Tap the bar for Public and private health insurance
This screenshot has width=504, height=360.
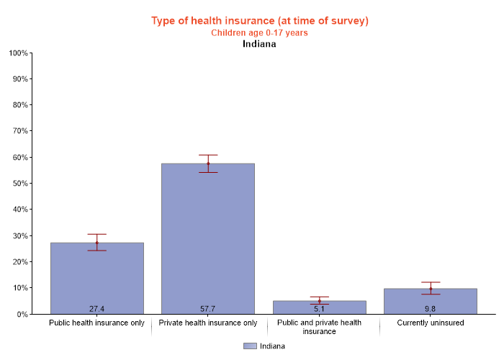tap(319, 307)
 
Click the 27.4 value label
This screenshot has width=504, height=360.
tap(97, 309)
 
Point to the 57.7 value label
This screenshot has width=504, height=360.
tap(208, 309)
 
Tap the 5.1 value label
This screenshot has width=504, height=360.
tap(319, 309)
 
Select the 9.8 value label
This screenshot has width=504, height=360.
tap(431, 309)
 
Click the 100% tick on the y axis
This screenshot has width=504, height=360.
tap(18, 53)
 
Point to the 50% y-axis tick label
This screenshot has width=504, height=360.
tap(19, 184)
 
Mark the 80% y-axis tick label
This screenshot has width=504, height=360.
tap(19, 105)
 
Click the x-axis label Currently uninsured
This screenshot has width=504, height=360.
tap(431, 323)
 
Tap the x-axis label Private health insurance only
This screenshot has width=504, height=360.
tap(208, 323)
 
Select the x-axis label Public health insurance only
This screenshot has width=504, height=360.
tap(97, 323)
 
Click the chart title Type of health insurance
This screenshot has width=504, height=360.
tap(259, 20)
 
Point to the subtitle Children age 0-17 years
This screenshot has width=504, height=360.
tap(259, 32)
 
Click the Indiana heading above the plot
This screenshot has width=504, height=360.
tap(259, 43)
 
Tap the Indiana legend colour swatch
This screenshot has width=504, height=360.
tap(250, 346)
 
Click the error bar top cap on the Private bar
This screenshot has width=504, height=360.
tap(208, 155)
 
